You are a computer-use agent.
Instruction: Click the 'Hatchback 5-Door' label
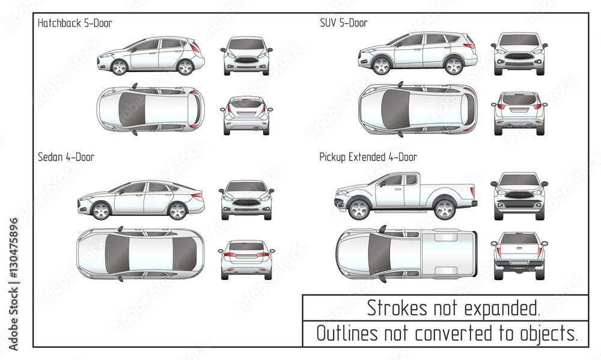coord(75,23)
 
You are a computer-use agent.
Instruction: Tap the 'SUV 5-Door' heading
coord(343,23)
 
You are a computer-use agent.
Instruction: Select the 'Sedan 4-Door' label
coord(66,157)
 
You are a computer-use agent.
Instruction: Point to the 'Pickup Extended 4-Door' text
coord(368,157)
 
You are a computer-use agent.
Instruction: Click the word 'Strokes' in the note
coord(392,308)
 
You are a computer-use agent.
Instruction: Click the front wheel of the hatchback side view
coord(120,67)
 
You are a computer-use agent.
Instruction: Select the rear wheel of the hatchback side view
coord(185,67)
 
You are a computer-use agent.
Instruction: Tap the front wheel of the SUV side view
coord(382,65)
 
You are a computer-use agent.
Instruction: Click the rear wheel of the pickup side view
coord(445,209)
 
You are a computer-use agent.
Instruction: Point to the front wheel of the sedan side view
coord(101,210)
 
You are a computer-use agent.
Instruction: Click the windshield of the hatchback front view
coord(246,44)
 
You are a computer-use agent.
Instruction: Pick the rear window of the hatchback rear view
coord(246,104)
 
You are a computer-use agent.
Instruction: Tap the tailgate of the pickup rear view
coord(519,251)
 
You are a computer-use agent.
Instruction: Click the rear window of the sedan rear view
coord(246,246)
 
